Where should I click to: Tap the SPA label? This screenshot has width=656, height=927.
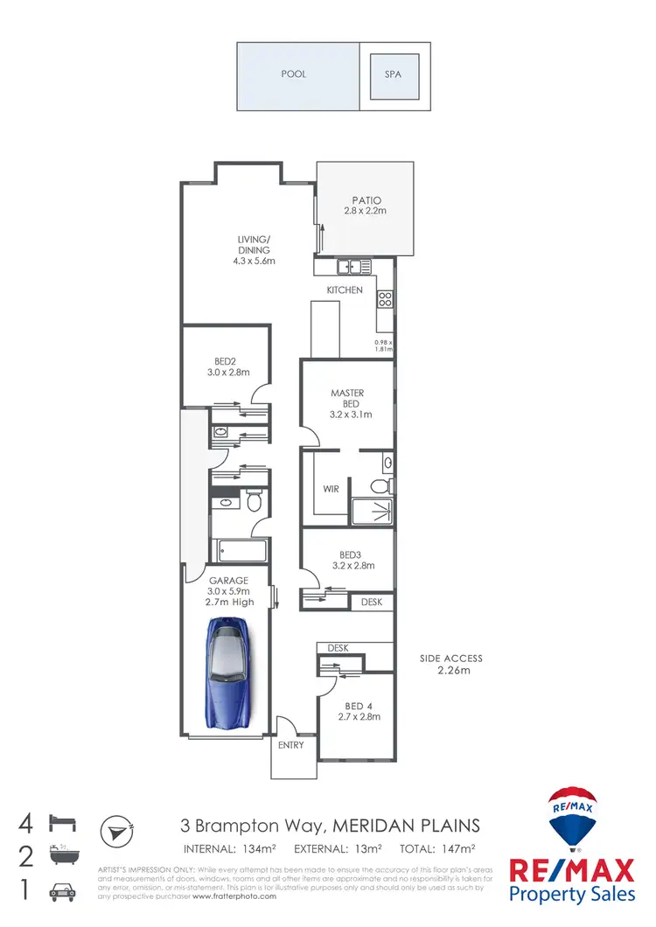tap(393, 74)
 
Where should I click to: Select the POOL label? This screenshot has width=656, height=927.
tap(294, 74)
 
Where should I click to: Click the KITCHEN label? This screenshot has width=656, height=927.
tap(345, 289)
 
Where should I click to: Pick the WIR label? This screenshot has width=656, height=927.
tap(330, 489)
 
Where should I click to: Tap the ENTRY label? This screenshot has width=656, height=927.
tap(291, 745)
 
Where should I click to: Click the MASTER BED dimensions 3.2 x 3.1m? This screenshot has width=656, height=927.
tap(347, 415)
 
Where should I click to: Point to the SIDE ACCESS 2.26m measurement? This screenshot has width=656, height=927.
tap(450, 671)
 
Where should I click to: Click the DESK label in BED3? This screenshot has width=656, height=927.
tap(371, 602)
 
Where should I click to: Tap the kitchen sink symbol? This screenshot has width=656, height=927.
tap(349, 267)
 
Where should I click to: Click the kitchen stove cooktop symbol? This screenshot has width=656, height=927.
tap(384, 299)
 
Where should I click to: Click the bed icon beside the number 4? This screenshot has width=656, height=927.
tap(64, 823)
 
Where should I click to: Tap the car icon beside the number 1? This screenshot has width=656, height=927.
tap(63, 891)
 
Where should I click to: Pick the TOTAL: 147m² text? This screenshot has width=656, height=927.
tap(438, 848)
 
